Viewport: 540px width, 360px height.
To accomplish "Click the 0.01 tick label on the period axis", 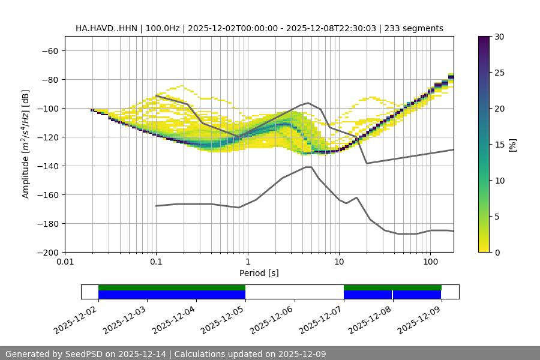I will click(65, 262).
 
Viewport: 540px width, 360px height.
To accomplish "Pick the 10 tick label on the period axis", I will click(339, 262).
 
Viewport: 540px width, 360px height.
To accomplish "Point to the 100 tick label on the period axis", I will click(430, 262).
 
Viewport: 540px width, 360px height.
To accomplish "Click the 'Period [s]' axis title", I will click(259, 273).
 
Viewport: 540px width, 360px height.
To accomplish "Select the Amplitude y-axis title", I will click(26, 144).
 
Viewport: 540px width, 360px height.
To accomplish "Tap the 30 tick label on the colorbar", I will click(499, 37).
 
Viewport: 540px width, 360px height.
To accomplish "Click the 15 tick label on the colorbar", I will click(499, 145).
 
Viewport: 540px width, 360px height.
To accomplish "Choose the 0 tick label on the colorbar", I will click(496, 253).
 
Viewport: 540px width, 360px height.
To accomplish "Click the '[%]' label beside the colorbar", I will click(512, 145).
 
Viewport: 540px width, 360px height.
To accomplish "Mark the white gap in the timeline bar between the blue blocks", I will click(294, 292).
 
